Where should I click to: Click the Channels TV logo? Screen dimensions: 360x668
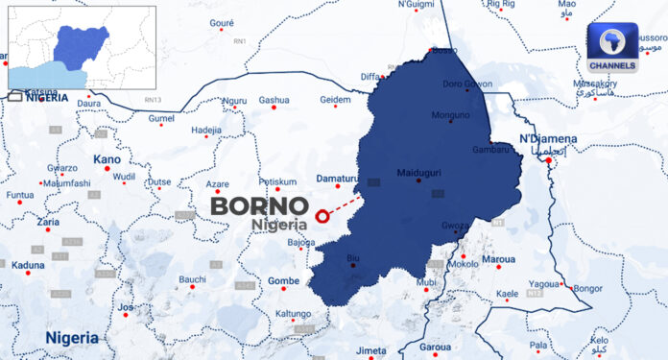pos(613,48)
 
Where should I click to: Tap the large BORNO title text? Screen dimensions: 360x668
pos(259,205)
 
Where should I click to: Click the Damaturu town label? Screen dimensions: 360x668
pos(337,179)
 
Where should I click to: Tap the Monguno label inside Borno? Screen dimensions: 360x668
pos(451,115)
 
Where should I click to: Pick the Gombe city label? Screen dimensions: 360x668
pos(283,280)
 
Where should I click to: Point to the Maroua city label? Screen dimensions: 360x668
pos(497,259)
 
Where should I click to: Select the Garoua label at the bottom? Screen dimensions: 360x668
pos(435,347)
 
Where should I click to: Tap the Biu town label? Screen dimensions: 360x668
pos(352,257)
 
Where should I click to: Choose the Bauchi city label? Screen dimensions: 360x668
pos(192,279)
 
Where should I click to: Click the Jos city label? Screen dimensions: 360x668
pos(126,308)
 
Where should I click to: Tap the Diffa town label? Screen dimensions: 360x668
pos(370,76)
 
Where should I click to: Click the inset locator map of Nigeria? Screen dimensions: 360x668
pos(82,47)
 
